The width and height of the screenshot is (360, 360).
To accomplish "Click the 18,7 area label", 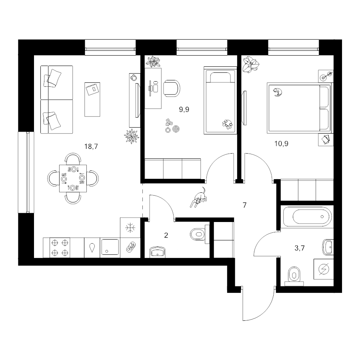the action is pyautogui.click(x=91, y=146).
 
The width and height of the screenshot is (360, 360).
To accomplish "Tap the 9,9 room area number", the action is pyautogui.click(x=184, y=110).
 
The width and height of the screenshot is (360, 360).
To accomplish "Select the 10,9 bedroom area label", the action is pyautogui.click(x=281, y=144).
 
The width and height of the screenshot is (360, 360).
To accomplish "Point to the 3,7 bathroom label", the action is pyautogui.click(x=300, y=248).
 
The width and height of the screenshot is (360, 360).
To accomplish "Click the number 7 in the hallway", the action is pyautogui.click(x=244, y=205).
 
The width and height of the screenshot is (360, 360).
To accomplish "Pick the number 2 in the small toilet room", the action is pyautogui.click(x=166, y=235).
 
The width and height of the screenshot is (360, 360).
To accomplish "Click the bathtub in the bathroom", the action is pyautogui.click(x=307, y=217).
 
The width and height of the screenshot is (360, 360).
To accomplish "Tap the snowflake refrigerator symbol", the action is pyautogui.click(x=130, y=228).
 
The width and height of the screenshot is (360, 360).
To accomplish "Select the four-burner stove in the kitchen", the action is pyautogui.click(x=60, y=248).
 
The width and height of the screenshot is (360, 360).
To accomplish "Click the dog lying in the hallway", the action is pyautogui.click(x=198, y=198).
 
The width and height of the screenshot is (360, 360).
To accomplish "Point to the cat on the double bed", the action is pyautogui.click(x=278, y=92).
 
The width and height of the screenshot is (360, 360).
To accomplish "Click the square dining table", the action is pyautogui.click(x=73, y=178).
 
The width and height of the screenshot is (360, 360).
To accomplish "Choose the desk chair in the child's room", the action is pyautogui.click(x=172, y=88).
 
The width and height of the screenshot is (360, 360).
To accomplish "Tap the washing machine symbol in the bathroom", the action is pyautogui.click(x=324, y=269).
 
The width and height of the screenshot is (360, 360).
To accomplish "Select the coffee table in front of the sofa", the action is pyautogui.click(x=92, y=100).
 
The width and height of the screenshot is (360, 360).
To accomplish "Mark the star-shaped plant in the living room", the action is pyautogui.click(x=132, y=136).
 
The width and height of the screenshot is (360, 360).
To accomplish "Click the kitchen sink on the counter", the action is pyautogui.click(x=110, y=247).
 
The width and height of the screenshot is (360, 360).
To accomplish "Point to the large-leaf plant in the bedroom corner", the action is pyautogui.click(x=251, y=64).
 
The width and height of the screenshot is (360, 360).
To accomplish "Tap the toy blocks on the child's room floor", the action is pyautogui.click(x=170, y=123).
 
